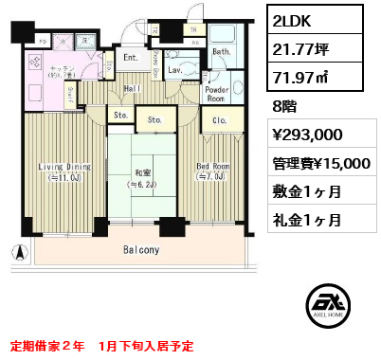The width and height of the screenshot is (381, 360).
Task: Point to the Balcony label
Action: (139, 251)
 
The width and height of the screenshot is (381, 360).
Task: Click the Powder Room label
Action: (216, 93)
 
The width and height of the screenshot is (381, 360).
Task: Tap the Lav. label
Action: (177, 69)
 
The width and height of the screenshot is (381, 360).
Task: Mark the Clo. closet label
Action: (216, 120)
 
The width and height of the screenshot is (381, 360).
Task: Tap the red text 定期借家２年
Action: (47, 346)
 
